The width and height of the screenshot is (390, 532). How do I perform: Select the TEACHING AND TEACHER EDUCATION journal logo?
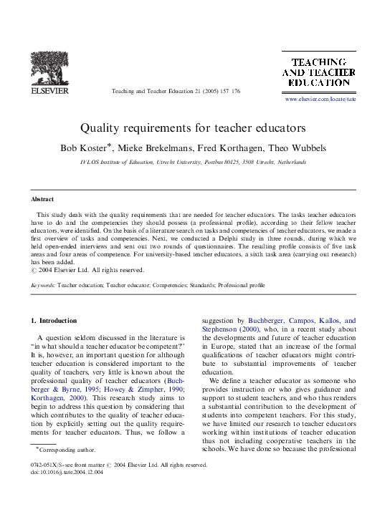coord(319,73)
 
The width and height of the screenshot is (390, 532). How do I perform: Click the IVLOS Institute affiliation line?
coord(194,163)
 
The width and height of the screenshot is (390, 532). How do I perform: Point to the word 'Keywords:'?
coord(43,285)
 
